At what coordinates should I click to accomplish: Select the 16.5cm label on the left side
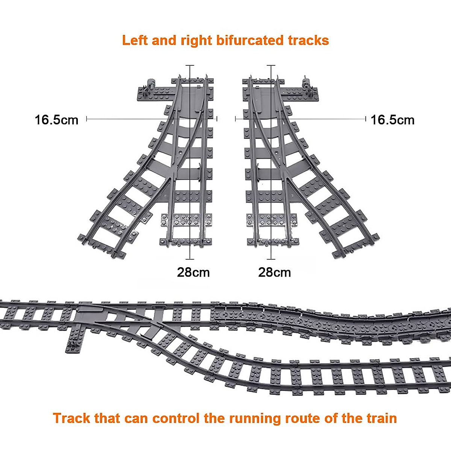pos(56,120)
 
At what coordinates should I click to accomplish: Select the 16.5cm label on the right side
pos(392,120)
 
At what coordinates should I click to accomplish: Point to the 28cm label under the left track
pos(193,272)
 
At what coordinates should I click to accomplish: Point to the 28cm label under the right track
pos(274,272)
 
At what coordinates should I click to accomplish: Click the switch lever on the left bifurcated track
pos(151,83)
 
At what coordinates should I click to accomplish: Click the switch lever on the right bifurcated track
pos(308,83)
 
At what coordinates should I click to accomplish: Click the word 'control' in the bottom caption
pos(176,418)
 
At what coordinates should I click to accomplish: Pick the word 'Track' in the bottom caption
pos(72,418)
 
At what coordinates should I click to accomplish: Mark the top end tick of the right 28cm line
pos(271,66)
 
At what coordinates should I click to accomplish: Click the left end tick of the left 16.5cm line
pos(87,119)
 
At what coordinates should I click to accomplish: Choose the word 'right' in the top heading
pos(197,40)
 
